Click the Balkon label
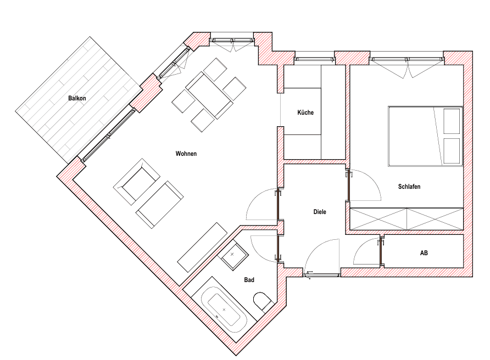tap(77, 98)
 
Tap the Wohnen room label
tap(186, 154)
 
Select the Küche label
tap(305, 113)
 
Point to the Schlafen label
tap(409, 187)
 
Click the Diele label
tap(320, 212)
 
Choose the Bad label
tap(249, 280)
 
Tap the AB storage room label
tap(424, 253)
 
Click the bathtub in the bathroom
tap(224, 310)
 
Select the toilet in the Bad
tap(262, 302)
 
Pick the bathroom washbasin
tap(233, 255)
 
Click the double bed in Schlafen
tap(425, 136)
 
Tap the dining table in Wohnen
tap(209, 95)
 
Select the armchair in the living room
tap(137, 182)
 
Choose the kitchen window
tap(315, 59)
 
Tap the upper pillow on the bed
tap(452, 121)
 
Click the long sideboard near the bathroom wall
tap(203, 247)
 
